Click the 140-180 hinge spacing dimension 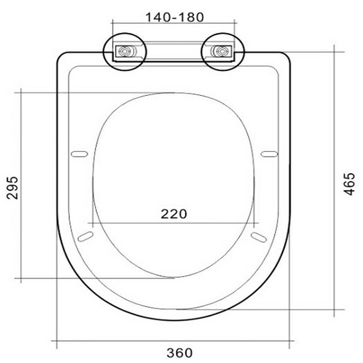[175, 17]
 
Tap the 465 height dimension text [349, 184]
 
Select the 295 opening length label [12, 188]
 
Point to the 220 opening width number [174, 214]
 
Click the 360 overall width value [180, 353]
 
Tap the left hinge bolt [124, 51]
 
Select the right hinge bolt [222, 51]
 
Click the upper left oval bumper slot [79, 154]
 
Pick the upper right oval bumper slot [269, 154]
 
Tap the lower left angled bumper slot [85, 236]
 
